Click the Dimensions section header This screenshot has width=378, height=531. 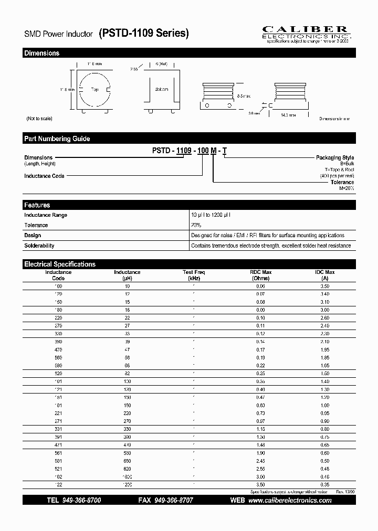click(42, 53)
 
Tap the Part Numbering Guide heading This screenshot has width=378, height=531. click(57, 139)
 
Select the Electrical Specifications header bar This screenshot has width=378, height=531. click(60, 264)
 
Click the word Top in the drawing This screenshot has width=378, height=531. click(95, 90)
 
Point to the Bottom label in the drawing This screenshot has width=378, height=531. click(161, 89)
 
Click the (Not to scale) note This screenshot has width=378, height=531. click(39, 119)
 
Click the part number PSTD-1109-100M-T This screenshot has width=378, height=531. click(190, 151)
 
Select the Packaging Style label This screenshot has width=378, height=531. click(334, 157)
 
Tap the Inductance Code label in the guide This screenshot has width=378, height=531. click(44, 176)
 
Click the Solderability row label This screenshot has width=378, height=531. click(39, 246)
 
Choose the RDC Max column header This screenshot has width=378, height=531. click(260, 275)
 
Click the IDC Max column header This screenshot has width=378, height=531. click(324, 275)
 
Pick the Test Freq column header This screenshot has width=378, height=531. click(194, 275)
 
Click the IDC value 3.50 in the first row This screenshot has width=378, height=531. click(324, 287)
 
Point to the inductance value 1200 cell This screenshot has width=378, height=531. click(127, 485)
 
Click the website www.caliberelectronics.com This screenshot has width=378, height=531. click(290, 501)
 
